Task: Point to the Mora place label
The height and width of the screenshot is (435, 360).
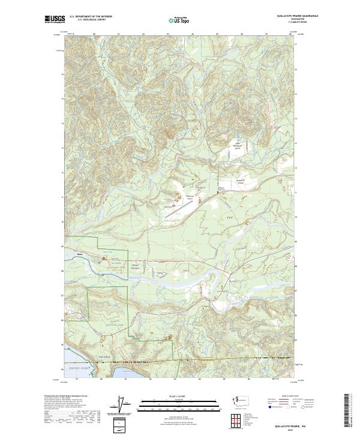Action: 79,254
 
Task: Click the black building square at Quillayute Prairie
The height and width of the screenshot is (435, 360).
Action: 217,192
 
